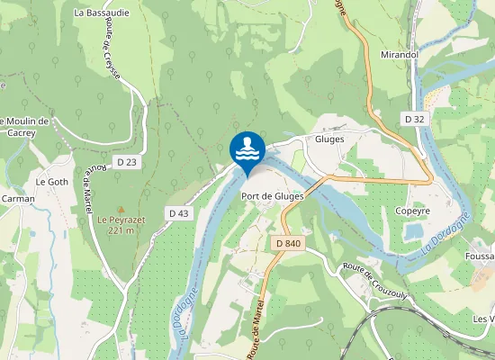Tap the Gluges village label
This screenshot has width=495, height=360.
click(x=330, y=139)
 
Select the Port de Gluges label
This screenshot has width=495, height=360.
click(x=272, y=196)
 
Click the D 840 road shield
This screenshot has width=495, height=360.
click(x=289, y=244)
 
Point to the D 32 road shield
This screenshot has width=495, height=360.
click(x=414, y=119)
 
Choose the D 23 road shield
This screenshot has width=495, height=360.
click(x=126, y=162)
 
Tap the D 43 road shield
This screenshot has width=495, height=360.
click(x=178, y=212)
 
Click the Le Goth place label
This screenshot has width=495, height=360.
click(x=51, y=181)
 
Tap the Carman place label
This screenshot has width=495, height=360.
click(x=18, y=199)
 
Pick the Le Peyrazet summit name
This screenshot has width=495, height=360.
click(x=121, y=219)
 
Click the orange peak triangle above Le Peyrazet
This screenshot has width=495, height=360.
click(x=121, y=209)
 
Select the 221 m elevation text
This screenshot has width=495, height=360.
click(x=121, y=230)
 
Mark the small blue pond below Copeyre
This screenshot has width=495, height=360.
click(x=414, y=231)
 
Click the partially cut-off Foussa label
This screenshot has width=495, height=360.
click(x=481, y=255)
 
